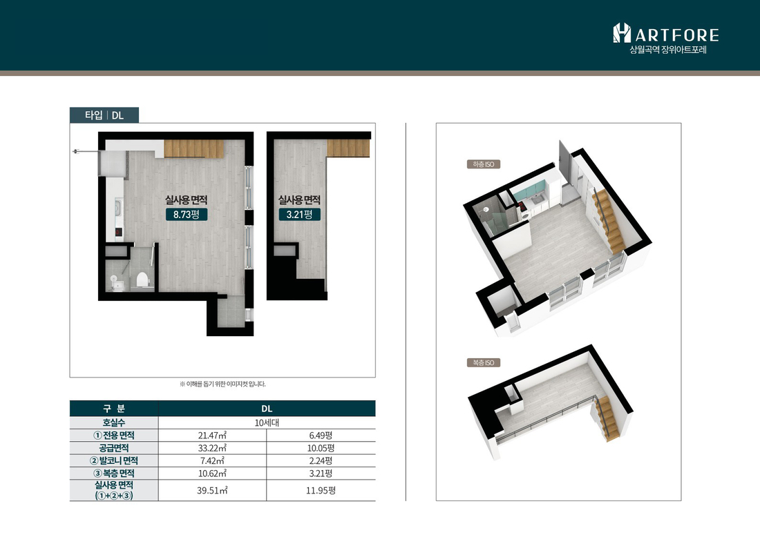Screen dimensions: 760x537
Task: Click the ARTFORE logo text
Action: pos(677,35)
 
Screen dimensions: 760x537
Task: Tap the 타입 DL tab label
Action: pos(104,115)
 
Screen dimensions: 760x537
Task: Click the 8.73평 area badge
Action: pos(187,214)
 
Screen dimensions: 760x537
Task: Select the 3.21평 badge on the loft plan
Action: pos(300,214)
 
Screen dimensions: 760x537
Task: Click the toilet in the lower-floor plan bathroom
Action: pos(142,280)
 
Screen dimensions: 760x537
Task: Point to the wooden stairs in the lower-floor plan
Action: pos(194,148)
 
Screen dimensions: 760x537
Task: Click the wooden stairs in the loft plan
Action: pos(348,148)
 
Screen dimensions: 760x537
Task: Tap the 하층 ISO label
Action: pos(483,164)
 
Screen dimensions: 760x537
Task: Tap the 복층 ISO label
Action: pos(483,362)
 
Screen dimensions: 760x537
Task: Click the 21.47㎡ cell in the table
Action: pos(212,436)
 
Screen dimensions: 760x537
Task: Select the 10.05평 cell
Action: pos(321,448)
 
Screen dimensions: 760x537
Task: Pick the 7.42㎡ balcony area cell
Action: pos(212,460)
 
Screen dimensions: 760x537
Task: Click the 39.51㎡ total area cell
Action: pos(212,491)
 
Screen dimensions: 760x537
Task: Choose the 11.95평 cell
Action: pos(321,491)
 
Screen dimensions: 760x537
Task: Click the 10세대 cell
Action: pos(267,422)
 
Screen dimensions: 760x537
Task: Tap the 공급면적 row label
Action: pos(114,448)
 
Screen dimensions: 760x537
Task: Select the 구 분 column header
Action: pos(114,409)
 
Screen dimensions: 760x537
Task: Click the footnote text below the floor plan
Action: pos(222,384)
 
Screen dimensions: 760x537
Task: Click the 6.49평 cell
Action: pos(321,436)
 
